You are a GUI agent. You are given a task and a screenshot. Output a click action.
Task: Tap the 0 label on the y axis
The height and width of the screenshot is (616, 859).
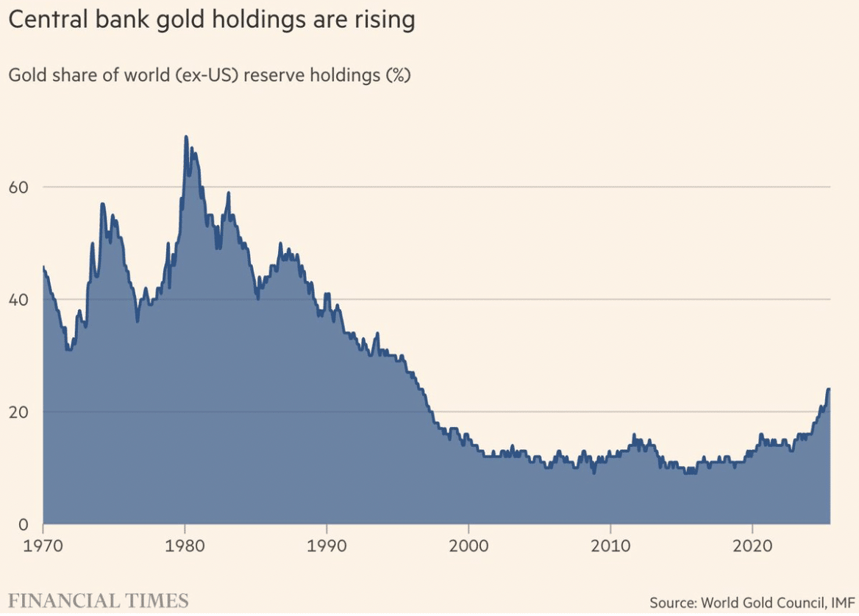(22, 524)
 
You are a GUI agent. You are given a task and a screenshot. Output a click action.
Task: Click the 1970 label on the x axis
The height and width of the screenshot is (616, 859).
(43, 547)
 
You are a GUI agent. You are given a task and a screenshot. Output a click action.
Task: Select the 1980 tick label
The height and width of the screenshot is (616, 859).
(185, 547)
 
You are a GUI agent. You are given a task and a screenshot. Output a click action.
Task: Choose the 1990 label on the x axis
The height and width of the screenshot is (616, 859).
(326, 547)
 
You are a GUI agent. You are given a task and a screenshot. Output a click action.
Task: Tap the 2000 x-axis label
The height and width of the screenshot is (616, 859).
(468, 547)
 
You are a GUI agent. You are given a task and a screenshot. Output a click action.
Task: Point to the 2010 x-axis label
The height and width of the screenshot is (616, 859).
(610, 547)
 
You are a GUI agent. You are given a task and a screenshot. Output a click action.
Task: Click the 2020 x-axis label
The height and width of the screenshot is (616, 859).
(752, 547)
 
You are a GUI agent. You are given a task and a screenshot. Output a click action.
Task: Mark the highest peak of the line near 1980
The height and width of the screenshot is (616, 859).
(185, 137)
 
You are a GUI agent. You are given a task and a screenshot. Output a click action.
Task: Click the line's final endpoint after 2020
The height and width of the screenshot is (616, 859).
(829, 389)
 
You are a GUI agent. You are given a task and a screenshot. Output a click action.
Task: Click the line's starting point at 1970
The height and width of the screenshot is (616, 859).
(43, 267)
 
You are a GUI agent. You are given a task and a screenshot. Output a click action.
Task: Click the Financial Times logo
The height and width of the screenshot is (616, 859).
(98, 600)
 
